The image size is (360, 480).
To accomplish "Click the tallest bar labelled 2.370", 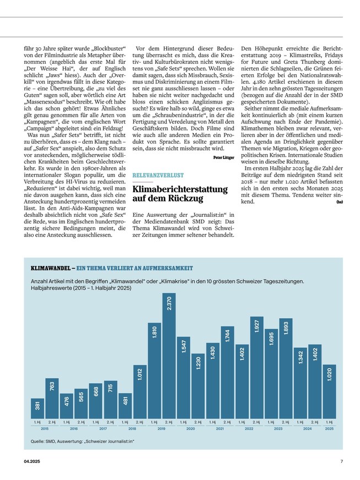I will click(x=169, y=355).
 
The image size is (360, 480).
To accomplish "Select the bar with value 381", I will click(x=37, y=408).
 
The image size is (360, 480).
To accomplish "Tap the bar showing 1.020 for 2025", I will click(x=329, y=391).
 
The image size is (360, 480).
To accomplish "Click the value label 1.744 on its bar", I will click(x=227, y=335).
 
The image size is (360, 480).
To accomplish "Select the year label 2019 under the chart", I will click(x=161, y=428).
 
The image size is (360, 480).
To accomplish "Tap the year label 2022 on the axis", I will click(x=249, y=428).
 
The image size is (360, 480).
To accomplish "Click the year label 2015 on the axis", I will click(x=45, y=428).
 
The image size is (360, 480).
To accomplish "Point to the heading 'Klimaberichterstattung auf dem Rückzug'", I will click(x=180, y=195).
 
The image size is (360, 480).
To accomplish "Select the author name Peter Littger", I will click(x=223, y=157).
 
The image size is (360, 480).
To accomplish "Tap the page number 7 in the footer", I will click(x=341, y=461).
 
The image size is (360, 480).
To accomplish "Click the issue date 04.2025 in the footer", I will click(x=32, y=461).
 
